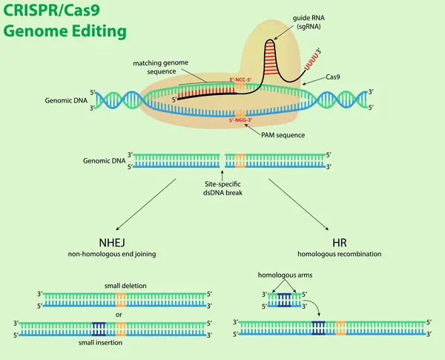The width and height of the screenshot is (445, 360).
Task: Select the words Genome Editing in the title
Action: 65,32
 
